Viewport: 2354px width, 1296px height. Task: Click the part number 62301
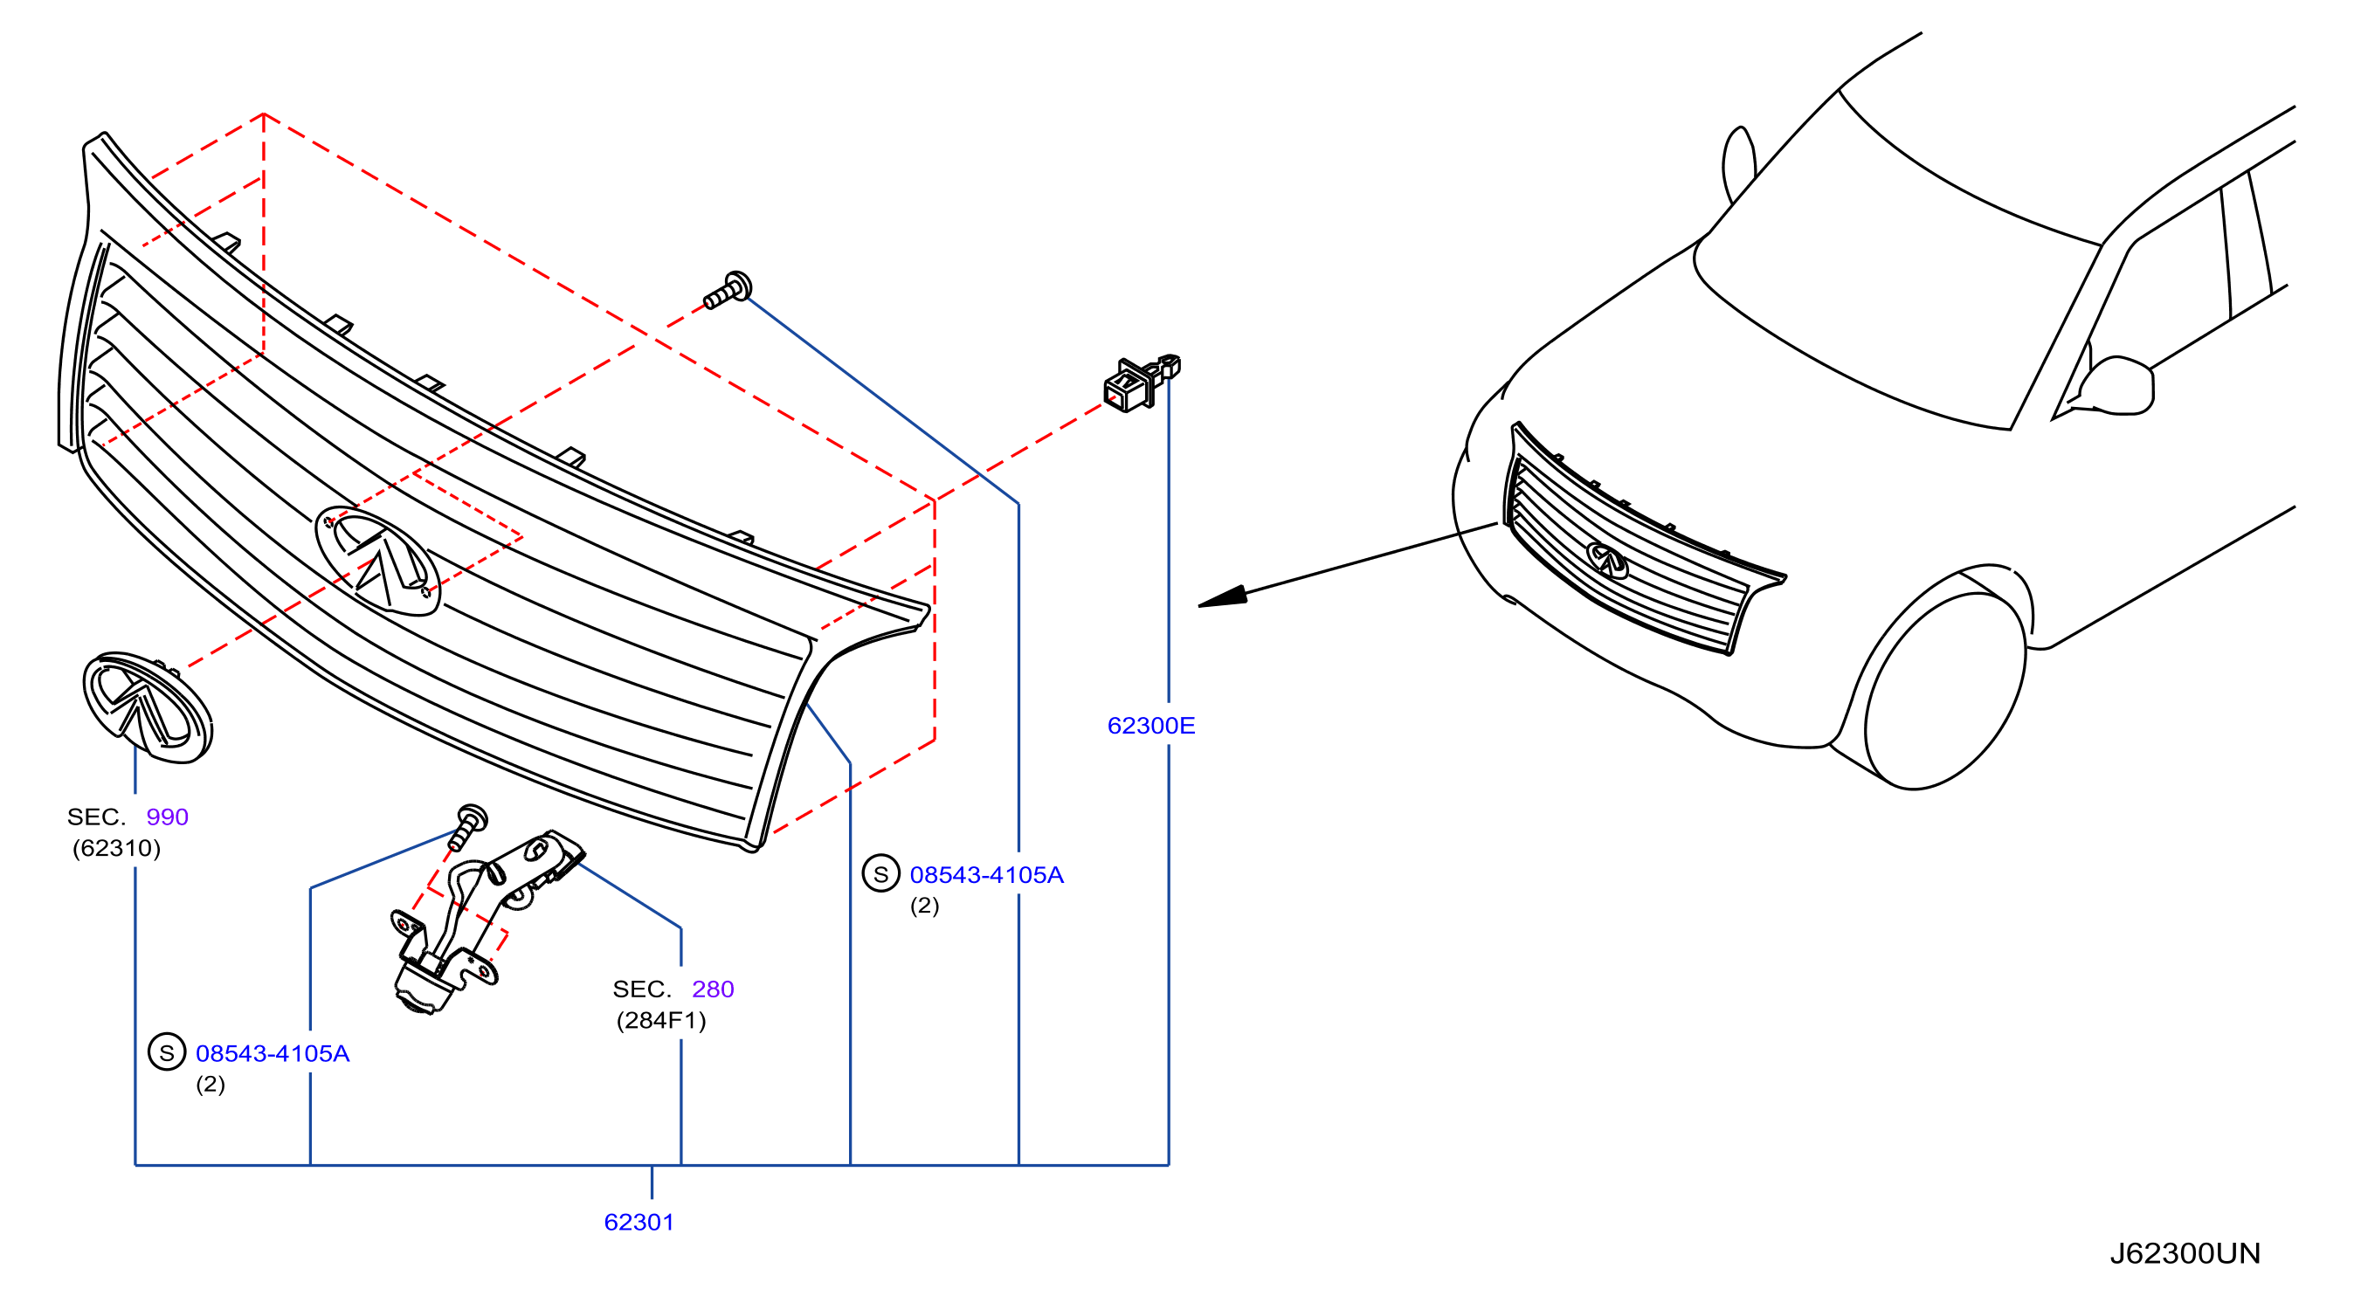pos(639,1222)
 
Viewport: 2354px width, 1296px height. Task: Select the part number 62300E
pos(1150,726)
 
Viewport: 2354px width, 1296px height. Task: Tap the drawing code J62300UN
pos(2185,1253)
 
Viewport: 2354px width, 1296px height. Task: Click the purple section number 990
pos(167,817)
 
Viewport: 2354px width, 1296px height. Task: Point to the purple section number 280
pos(713,989)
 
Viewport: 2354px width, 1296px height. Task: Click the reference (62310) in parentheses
pos(117,848)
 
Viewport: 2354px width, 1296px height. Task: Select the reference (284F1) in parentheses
pos(661,1020)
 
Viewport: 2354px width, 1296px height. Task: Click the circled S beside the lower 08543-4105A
pos(167,1053)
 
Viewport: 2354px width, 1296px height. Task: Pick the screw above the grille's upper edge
pos(728,290)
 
